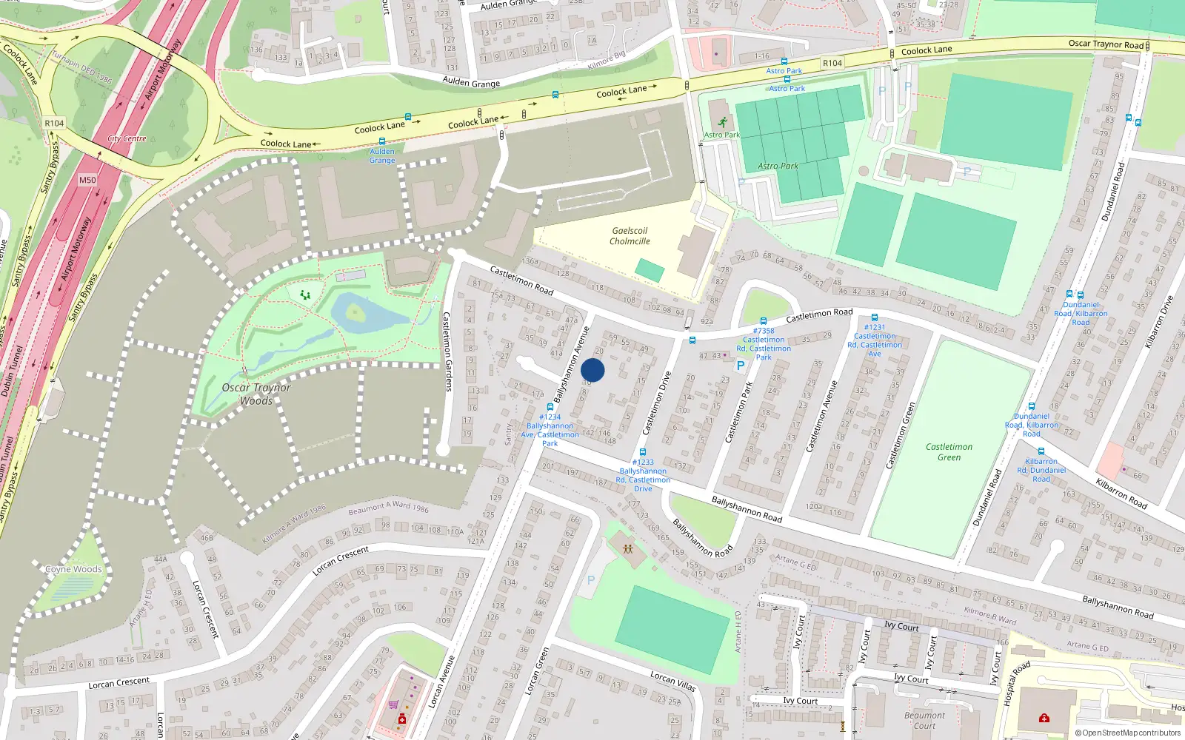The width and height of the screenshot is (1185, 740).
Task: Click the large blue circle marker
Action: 592,370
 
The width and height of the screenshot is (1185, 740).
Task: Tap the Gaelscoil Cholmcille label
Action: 630,236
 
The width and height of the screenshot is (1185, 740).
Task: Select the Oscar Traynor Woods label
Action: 256,394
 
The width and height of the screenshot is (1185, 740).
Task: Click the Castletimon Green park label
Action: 949,451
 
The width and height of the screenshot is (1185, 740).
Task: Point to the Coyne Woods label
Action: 73,569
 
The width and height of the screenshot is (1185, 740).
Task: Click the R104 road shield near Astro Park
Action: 832,63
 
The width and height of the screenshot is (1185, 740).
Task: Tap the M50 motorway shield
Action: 87,180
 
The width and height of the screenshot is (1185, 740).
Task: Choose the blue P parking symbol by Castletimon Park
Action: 740,366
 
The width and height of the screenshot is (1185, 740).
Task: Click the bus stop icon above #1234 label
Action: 550,407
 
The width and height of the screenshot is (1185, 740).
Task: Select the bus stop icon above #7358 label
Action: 764,321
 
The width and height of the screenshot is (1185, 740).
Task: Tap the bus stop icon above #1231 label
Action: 875,317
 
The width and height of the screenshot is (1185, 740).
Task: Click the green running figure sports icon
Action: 722,122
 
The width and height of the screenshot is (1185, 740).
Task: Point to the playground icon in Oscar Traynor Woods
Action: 305,295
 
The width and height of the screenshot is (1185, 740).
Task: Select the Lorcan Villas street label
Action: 673,681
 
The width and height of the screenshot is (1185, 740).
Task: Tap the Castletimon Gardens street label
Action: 447,351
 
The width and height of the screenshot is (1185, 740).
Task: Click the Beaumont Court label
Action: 924,720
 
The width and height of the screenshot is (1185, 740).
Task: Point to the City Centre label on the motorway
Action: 127,138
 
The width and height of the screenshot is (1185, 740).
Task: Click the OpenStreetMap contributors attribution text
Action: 1128,733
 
